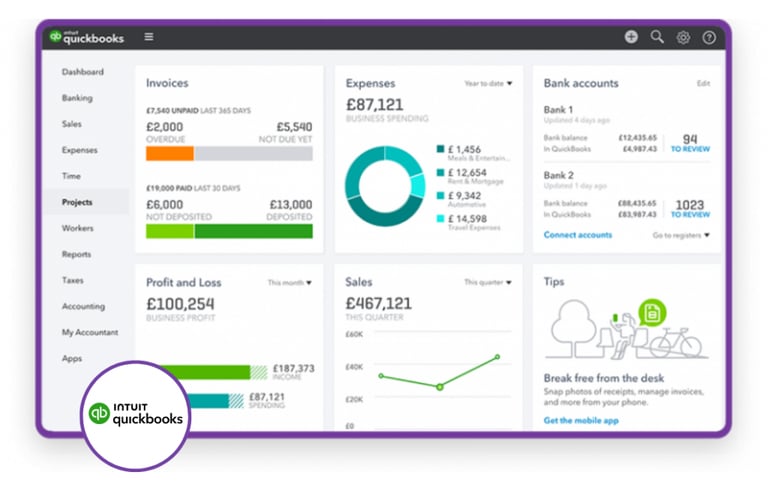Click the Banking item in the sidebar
(x=77, y=98)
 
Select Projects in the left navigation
(x=77, y=202)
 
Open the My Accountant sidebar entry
(x=89, y=332)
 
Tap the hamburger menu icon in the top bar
(x=149, y=37)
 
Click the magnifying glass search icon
(x=657, y=37)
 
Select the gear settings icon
(x=683, y=37)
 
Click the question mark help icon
(x=709, y=37)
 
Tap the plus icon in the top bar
(x=631, y=37)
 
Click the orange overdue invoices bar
(x=169, y=154)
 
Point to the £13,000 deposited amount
(x=289, y=204)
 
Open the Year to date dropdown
(x=488, y=84)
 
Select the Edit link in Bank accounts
(x=703, y=84)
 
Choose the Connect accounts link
(x=577, y=235)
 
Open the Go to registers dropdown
(x=681, y=235)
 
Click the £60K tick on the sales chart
(x=354, y=334)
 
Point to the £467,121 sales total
(x=378, y=303)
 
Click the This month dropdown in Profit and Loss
(x=289, y=283)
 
